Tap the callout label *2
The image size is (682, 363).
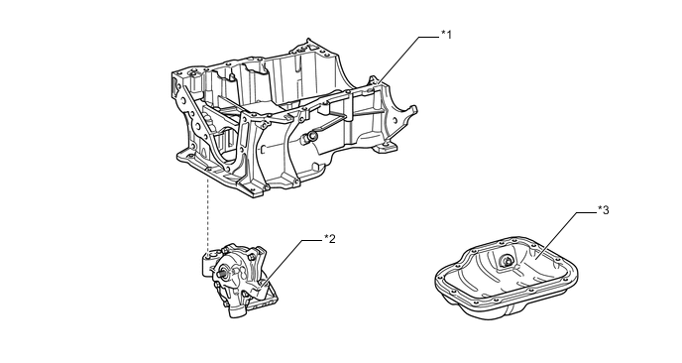click(329, 239)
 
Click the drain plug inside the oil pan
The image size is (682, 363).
click(507, 263)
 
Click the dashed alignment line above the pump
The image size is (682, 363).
click(207, 213)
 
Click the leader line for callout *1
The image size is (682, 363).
click(406, 57)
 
